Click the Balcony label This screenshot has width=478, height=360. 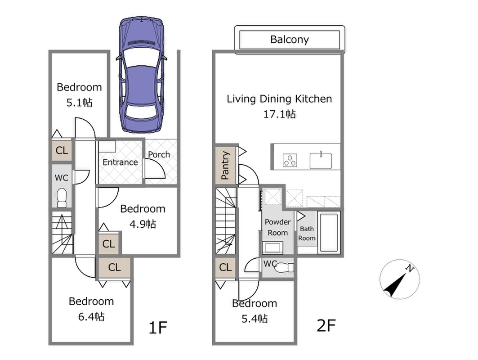[289, 39]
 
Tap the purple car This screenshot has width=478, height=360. [142, 75]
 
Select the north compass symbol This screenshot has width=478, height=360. [400, 279]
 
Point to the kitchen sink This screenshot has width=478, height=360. [321, 160]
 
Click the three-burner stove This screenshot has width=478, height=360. [290, 160]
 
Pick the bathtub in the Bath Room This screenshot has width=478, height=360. [329, 232]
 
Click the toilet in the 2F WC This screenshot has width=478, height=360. [284, 268]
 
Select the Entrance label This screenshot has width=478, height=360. [120, 162]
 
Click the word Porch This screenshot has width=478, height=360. [159, 155]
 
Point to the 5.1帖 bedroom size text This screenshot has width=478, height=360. [79, 103]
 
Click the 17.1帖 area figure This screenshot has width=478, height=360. [279, 114]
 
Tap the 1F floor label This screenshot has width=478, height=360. [157, 327]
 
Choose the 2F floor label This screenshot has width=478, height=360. [326, 325]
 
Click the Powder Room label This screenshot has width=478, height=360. [277, 227]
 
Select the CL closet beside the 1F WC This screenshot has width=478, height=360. [62, 150]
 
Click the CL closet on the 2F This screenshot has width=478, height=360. [225, 268]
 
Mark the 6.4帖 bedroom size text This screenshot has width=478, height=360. [91, 317]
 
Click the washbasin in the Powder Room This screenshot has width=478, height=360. [273, 247]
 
